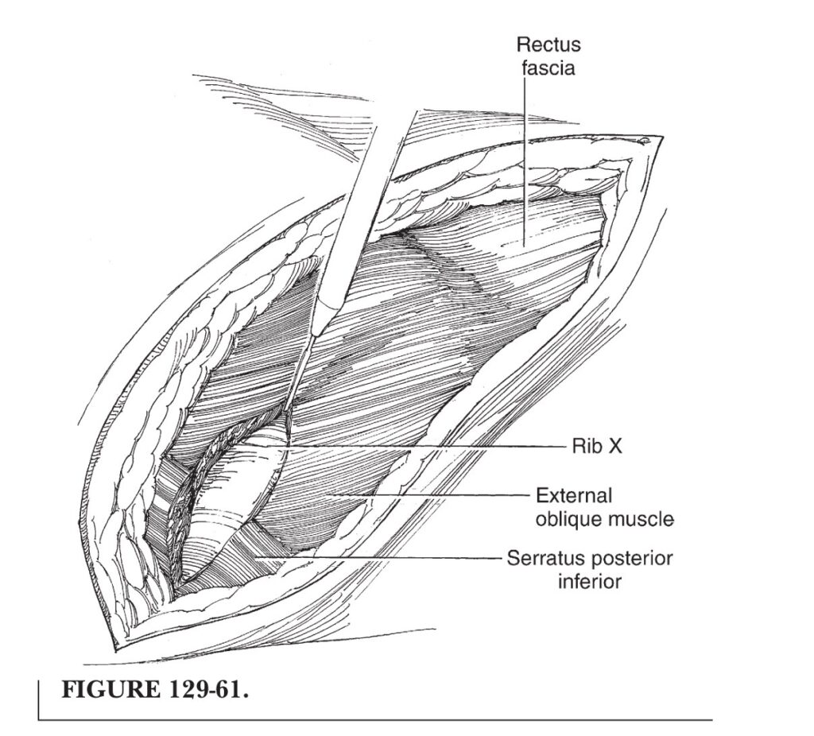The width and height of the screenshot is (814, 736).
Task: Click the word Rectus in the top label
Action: point(548,45)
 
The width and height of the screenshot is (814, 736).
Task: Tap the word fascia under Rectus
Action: point(548,68)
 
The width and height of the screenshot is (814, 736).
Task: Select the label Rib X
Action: point(596,447)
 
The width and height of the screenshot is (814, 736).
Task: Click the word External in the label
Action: point(574,495)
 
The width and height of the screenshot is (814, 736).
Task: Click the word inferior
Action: point(589,581)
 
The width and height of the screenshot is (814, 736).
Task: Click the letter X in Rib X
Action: point(614,447)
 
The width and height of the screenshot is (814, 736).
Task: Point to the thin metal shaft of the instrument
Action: point(300,374)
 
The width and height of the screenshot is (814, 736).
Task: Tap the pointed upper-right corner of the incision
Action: point(662,137)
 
